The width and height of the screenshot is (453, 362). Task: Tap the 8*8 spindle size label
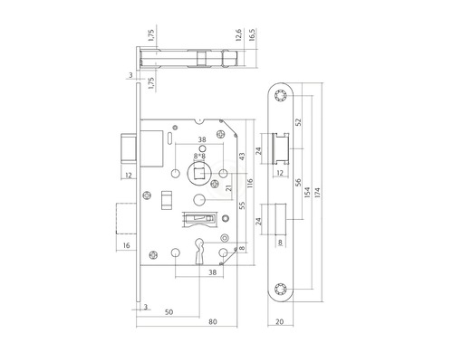tap(197, 157)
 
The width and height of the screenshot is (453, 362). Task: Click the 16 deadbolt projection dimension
tap(126, 245)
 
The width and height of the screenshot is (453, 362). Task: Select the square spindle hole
tap(196, 172)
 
